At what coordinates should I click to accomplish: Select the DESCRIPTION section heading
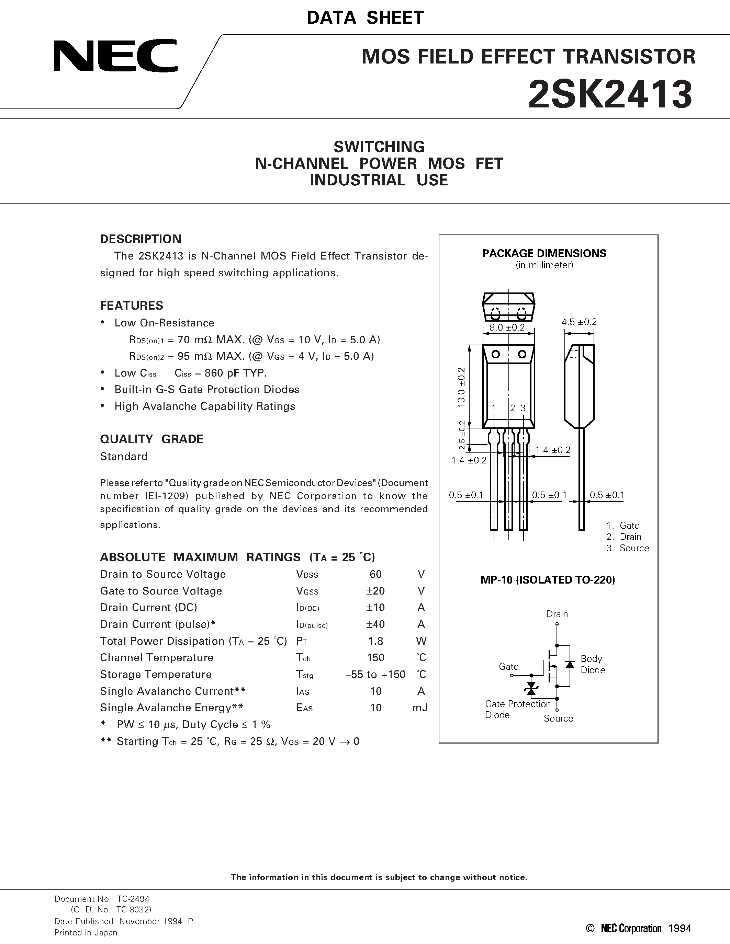tap(141, 239)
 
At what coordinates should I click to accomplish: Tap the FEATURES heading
tap(132, 306)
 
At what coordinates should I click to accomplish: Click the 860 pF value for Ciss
tap(221, 373)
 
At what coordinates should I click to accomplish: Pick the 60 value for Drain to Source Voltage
tap(375, 574)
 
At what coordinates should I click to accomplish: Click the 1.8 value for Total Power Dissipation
tap(375, 641)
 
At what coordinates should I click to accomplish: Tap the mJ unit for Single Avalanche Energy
tap(419, 707)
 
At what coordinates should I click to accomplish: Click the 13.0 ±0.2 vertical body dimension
tap(461, 387)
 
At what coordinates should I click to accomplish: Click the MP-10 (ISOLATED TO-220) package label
tap(548, 580)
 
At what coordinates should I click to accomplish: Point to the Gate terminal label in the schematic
tap(508, 667)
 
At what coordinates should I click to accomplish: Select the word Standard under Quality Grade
tap(124, 457)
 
